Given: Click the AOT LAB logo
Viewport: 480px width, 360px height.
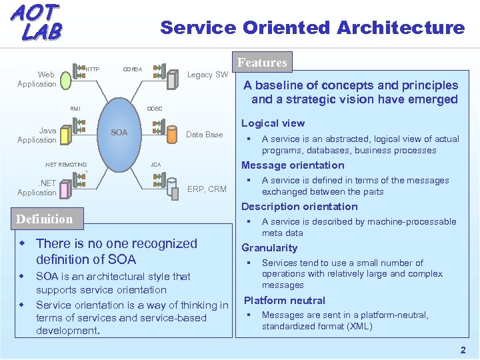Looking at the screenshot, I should (36, 22).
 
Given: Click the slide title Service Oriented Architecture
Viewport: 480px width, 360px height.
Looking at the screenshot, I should (312, 28).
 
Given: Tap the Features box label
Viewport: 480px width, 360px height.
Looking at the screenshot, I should (262, 63).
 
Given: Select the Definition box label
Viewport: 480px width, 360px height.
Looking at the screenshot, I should (44, 219).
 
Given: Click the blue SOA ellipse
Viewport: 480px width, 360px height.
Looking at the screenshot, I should (119, 132).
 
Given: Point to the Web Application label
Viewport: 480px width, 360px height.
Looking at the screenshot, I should (37, 79).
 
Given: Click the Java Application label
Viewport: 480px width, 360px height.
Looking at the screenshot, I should (37, 135).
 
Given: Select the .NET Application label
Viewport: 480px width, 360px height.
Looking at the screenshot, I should (37, 188).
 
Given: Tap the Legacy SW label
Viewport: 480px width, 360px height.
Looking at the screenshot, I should (207, 75).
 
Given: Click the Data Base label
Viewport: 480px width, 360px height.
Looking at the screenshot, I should (204, 135).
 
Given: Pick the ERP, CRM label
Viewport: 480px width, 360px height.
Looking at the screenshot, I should (207, 189).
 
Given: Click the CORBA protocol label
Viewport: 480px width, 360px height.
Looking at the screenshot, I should (132, 69).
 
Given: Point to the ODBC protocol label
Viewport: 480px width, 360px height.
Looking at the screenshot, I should (154, 108).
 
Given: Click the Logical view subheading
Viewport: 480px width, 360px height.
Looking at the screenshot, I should (273, 123).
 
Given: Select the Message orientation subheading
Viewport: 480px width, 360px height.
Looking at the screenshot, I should (293, 165).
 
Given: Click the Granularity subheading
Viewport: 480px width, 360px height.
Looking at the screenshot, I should (269, 248).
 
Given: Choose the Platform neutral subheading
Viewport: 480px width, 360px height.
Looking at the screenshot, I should (285, 301).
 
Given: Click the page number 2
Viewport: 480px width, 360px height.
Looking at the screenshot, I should (463, 350).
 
